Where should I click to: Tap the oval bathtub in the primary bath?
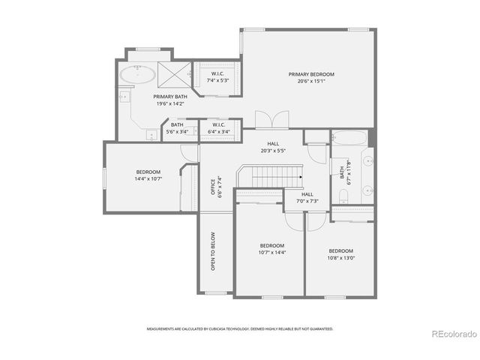tap(140, 75)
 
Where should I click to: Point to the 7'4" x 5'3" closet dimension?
tap(217, 80)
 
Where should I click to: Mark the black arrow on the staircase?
tap(299, 177)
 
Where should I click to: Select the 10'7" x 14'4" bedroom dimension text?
tap(271, 253)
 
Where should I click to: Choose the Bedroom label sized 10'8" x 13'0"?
tap(340, 250)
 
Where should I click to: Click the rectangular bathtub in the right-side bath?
tap(349, 139)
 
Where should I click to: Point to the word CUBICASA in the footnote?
tap(235, 328)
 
